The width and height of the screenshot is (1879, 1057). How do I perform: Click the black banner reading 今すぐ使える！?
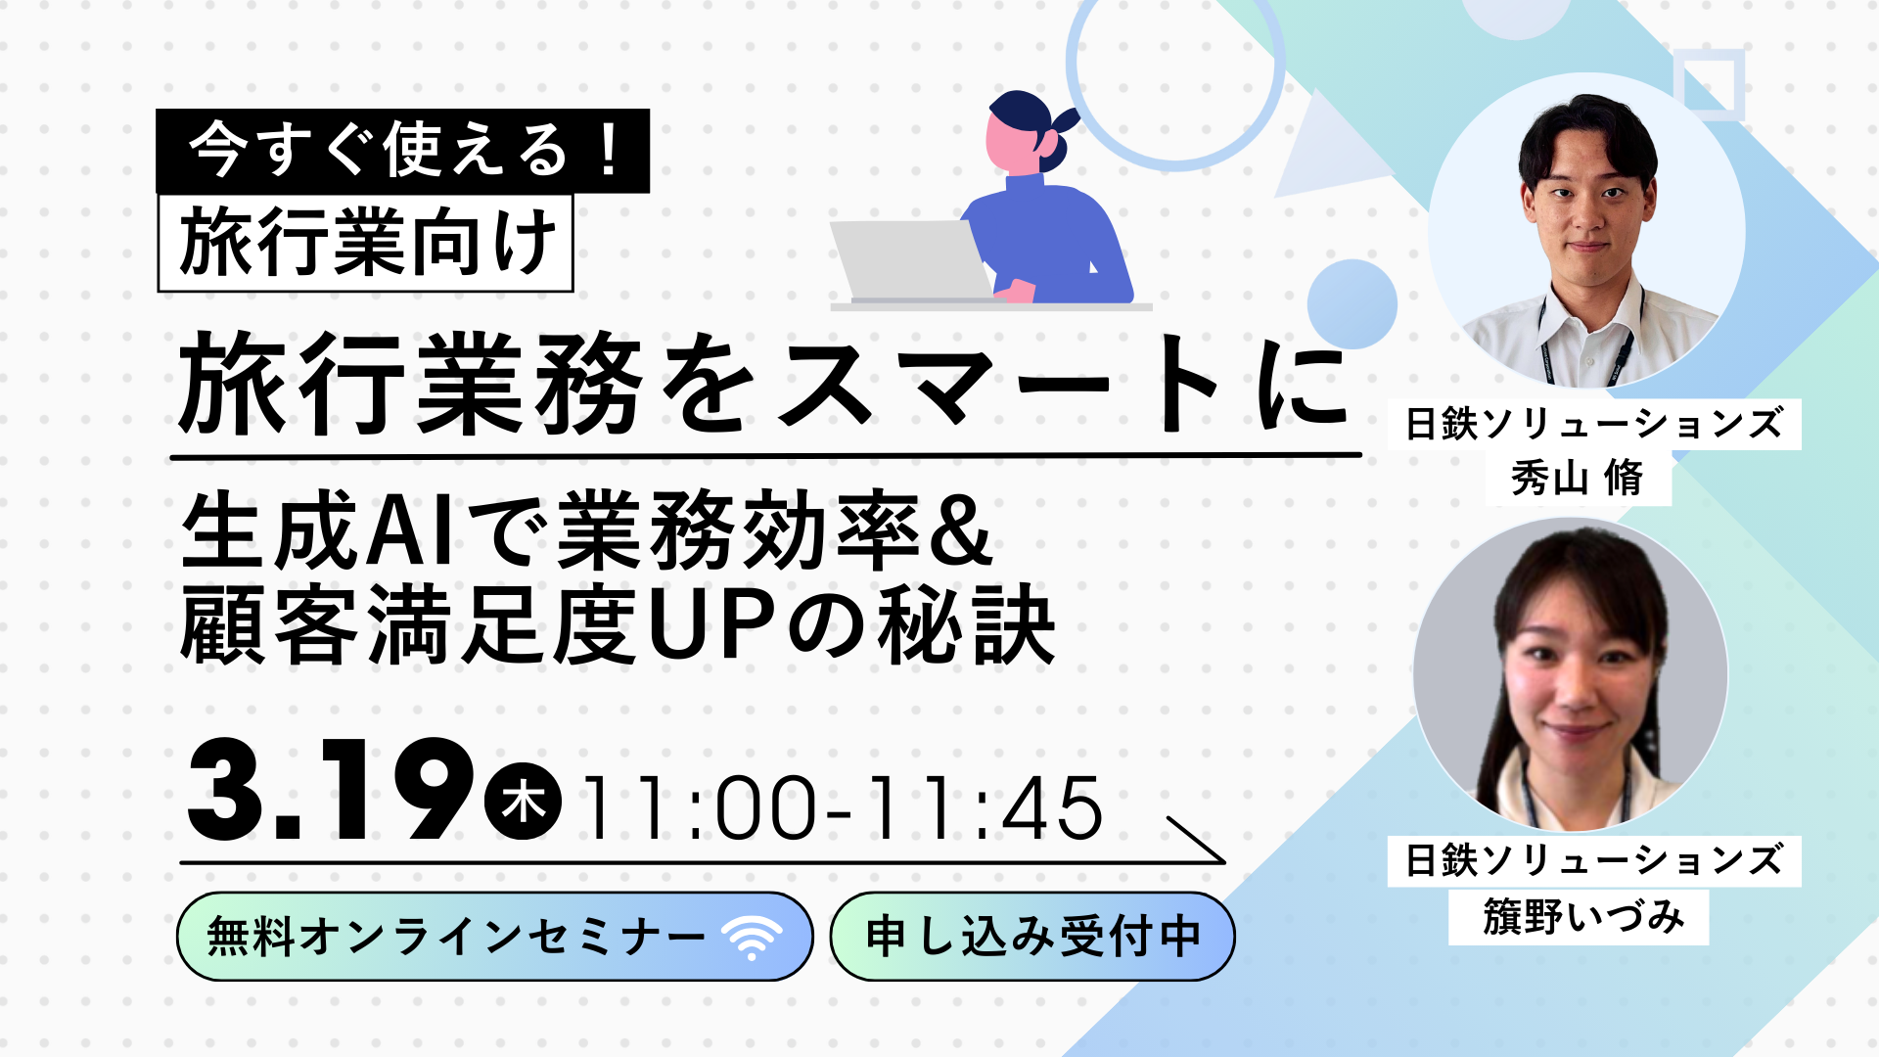pos(402,151)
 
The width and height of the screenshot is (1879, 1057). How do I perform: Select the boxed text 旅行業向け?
pos(365,243)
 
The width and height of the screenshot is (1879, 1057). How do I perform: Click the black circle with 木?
pos(524,803)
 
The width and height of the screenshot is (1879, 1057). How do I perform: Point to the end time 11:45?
pos(986,808)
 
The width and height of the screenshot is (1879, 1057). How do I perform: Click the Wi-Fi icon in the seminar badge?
pos(752,938)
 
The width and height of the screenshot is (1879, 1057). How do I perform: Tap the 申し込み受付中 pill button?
pos(1032,937)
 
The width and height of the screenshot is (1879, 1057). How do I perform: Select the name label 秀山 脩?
pos(1578,479)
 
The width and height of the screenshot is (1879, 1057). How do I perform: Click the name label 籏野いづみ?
pos(1579,917)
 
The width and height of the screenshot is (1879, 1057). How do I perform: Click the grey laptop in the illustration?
pos(910,260)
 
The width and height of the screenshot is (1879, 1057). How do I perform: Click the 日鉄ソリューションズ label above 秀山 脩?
pos(1594,425)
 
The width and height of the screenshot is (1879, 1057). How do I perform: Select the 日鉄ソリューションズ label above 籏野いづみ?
pos(1594,861)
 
